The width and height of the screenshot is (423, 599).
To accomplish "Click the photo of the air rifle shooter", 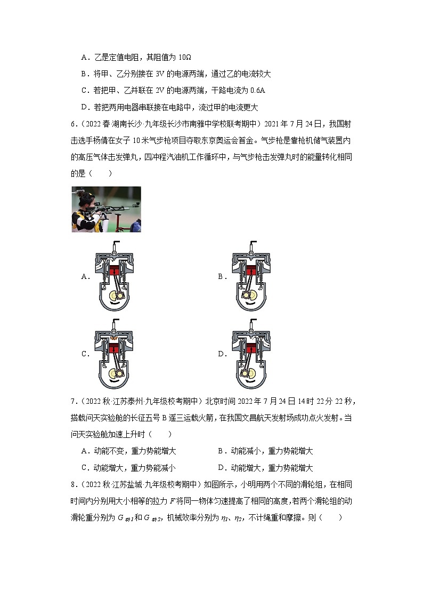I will coord(106,209).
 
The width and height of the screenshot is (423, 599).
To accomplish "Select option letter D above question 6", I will coord(84,107).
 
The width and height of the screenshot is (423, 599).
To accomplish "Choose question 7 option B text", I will coord(265,451).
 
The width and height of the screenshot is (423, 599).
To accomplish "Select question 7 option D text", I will coord(265,467).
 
